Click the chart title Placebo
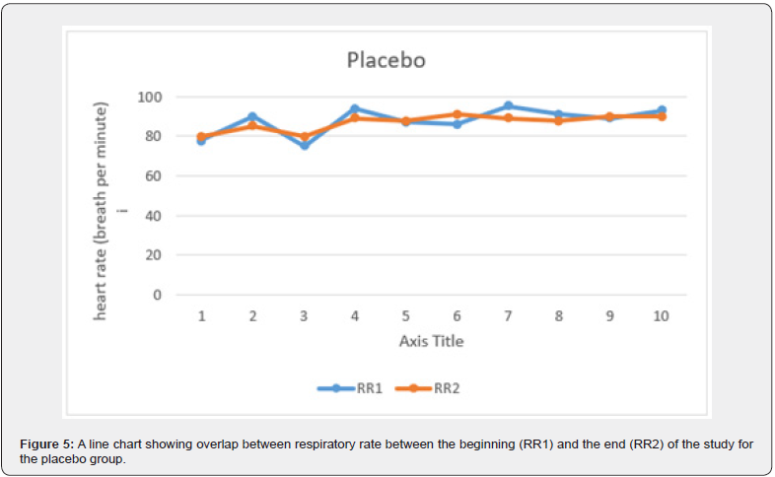tap(386, 60)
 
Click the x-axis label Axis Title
tap(431, 341)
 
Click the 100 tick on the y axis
tap(149, 97)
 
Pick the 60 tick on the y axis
tap(153, 175)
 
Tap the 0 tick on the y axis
tap(157, 295)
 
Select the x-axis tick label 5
tap(405, 316)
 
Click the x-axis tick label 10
tap(661, 316)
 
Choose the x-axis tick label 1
tap(201, 316)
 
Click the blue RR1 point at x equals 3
tap(304, 146)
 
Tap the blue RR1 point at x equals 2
tap(252, 116)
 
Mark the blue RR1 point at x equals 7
tap(508, 105)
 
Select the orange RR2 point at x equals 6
tap(457, 114)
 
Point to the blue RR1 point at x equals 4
tap(355, 108)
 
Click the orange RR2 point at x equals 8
tap(559, 120)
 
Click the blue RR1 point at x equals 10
tap(661, 110)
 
